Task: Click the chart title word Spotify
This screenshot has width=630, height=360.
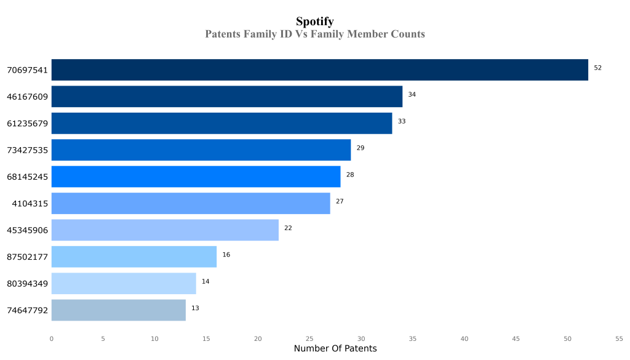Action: pyautogui.click(x=314, y=22)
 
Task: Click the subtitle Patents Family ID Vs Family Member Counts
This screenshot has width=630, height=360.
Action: pyautogui.click(x=314, y=34)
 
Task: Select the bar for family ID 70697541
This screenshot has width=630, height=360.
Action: pyautogui.click(x=319, y=70)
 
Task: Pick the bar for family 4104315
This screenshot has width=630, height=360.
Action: pyautogui.click(x=191, y=204)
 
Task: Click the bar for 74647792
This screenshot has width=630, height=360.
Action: pyautogui.click(x=118, y=310)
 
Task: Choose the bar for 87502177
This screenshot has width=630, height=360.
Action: pyautogui.click(x=134, y=257)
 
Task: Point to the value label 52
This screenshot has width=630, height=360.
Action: pyautogui.click(x=597, y=68)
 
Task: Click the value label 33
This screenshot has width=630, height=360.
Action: pyautogui.click(x=402, y=121)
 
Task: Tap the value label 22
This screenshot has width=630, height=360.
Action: pyautogui.click(x=288, y=228)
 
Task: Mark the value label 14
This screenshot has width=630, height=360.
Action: pyautogui.click(x=205, y=281)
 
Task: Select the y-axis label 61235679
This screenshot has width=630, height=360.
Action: pyautogui.click(x=27, y=124)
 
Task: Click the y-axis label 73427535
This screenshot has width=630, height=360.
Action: pyautogui.click(x=27, y=150)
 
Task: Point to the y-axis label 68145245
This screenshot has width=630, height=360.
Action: pyautogui.click(x=27, y=177)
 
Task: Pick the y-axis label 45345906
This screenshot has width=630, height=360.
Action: pyautogui.click(x=27, y=230)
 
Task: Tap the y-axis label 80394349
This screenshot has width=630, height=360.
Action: pyautogui.click(x=27, y=284)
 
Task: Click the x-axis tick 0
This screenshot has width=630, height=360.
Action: pyautogui.click(x=51, y=338)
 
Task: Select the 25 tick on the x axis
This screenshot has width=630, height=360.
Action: pyautogui.click(x=309, y=338)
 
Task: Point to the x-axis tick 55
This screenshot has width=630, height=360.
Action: pyautogui.click(x=619, y=338)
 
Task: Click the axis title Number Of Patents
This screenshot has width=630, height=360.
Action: pyautogui.click(x=335, y=349)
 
